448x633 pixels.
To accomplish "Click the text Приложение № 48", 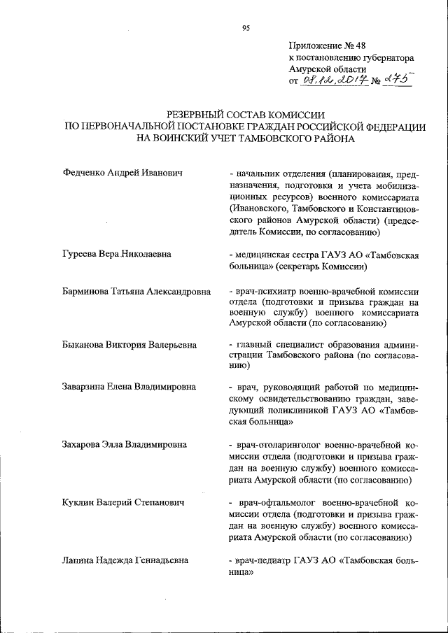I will [322, 45].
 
